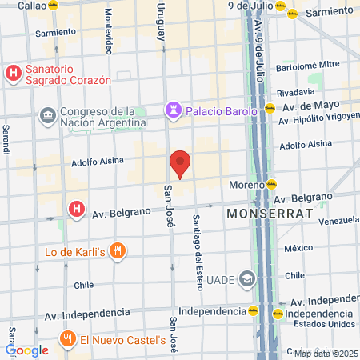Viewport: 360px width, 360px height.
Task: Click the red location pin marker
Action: click(181, 163)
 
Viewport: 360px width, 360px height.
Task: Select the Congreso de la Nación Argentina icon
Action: click(46, 117)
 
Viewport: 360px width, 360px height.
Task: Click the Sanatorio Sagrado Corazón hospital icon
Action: click(13, 74)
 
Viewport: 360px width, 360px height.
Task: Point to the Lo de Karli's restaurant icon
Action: click(118, 251)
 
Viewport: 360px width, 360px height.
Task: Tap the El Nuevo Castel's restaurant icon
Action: click(68, 340)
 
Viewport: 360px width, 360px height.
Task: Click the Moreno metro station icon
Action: click(273, 185)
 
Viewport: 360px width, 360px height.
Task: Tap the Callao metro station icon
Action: click(54, 5)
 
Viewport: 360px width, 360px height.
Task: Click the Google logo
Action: click(26, 350)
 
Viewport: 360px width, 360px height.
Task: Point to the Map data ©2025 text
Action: click(324, 353)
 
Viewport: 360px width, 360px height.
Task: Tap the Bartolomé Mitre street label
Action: click(308, 65)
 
